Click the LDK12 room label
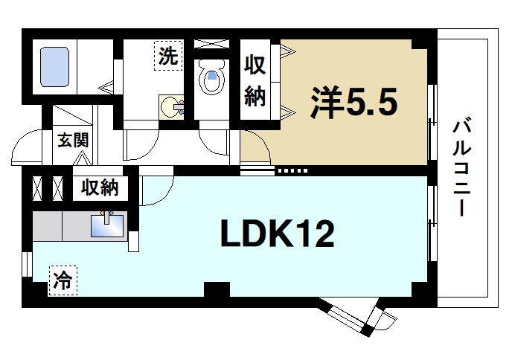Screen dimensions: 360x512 point(276,236)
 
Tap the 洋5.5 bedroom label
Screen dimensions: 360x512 point(355,103)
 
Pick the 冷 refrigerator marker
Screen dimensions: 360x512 point(63,280)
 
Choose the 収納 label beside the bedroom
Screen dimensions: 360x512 point(255,81)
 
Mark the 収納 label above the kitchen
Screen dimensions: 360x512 point(100,187)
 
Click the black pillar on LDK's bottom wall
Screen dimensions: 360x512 point(217,291)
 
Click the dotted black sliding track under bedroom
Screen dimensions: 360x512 point(292,170)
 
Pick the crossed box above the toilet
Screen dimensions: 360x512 point(211,42)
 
